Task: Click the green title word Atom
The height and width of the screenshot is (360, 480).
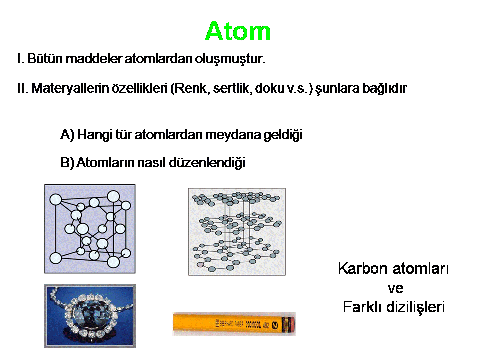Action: [238, 31]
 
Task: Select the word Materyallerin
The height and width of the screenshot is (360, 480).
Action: [70, 88]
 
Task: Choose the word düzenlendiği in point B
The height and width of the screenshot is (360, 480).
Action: [207, 163]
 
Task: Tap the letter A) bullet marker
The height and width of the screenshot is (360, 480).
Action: [67, 135]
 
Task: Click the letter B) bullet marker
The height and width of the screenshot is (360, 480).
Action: [67, 163]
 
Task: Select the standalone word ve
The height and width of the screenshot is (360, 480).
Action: [395, 288]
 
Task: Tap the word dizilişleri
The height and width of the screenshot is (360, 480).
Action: [415, 307]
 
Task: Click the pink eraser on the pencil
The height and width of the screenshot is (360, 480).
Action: [291, 324]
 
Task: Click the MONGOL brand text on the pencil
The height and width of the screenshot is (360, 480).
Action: [254, 324]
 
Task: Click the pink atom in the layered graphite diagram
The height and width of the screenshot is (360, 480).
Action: [200, 264]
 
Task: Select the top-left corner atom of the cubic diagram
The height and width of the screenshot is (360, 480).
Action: [55, 200]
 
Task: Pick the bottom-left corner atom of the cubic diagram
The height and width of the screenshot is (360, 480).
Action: [55, 258]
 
